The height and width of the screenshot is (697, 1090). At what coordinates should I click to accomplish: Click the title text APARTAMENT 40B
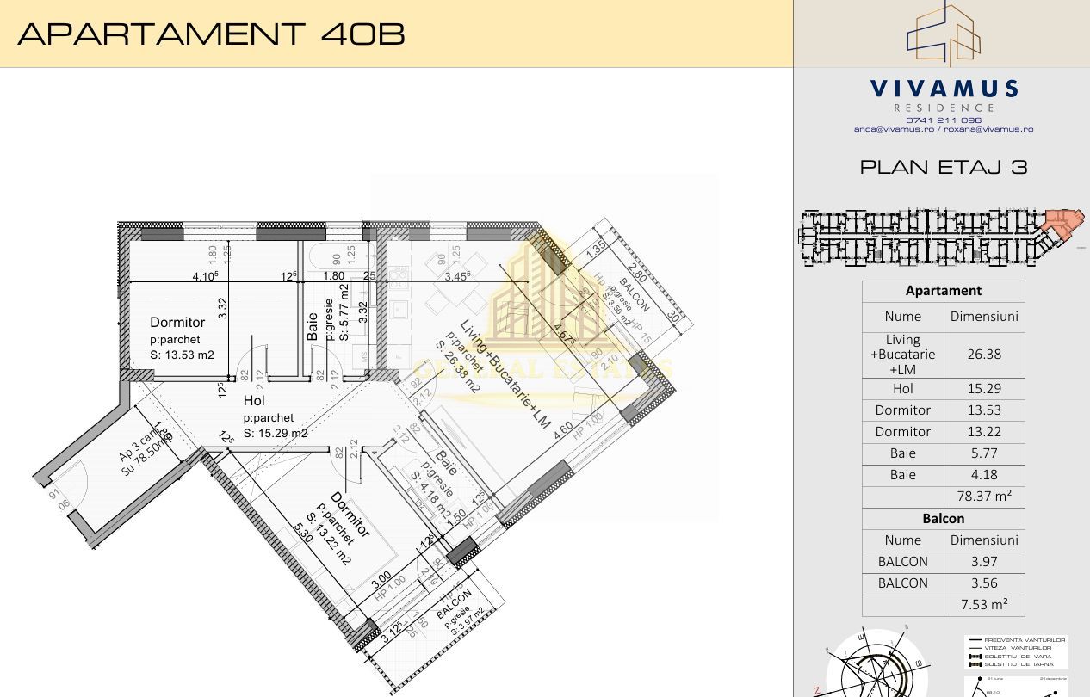point(211,34)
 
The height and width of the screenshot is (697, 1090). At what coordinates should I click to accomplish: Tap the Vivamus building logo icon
point(944,34)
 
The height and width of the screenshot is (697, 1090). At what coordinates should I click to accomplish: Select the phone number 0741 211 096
point(944,120)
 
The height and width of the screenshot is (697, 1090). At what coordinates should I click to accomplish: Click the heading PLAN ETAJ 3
point(944,167)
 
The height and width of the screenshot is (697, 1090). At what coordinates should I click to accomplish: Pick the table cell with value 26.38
point(984,354)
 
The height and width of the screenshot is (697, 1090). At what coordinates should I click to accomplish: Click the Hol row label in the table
point(902,388)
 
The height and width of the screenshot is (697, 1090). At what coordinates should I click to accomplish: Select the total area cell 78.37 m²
point(984,496)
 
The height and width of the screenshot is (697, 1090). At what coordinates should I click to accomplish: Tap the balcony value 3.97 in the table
point(984,561)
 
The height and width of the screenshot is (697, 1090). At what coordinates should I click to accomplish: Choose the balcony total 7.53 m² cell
point(984,604)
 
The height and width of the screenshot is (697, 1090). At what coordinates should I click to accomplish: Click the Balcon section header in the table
point(944,518)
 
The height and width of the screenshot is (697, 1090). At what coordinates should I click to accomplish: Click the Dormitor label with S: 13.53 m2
point(177,323)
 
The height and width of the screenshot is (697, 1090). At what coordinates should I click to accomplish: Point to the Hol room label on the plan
point(254,401)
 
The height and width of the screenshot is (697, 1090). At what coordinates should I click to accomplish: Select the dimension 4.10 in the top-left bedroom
point(204,276)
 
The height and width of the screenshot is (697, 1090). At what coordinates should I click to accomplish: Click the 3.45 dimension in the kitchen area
point(456,276)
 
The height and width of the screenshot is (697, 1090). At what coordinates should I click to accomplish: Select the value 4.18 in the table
point(984,474)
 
